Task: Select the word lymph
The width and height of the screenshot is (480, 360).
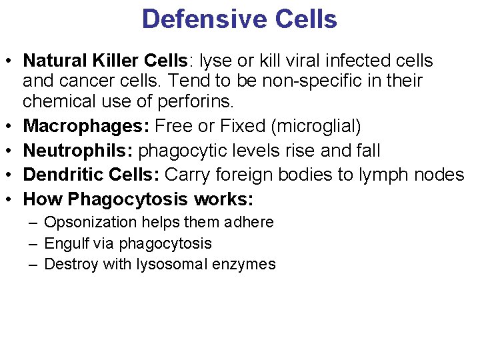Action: pyautogui.click(x=385, y=175)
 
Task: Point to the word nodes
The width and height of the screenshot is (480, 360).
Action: pyautogui.click(x=440, y=175)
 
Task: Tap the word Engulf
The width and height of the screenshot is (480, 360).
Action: pyautogui.click(x=64, y=244)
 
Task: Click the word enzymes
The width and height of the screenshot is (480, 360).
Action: pyautogui.click(x=244, y=265)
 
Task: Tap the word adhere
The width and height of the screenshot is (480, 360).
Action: pyautogui.click(x=251, y=223)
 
